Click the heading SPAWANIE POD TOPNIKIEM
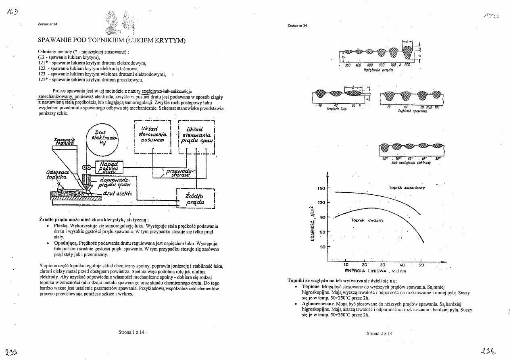click(111, 40)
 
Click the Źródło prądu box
click(196, 199)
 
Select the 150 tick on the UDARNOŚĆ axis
click(321, 188)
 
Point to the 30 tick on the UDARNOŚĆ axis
click(322, 247)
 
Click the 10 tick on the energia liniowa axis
click(346, 265)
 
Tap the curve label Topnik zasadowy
click(407, 187)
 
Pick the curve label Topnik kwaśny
click(367, 220)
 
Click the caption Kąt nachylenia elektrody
click(406, 162)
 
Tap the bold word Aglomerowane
click(318, 304)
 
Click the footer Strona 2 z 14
click(380, 333)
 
